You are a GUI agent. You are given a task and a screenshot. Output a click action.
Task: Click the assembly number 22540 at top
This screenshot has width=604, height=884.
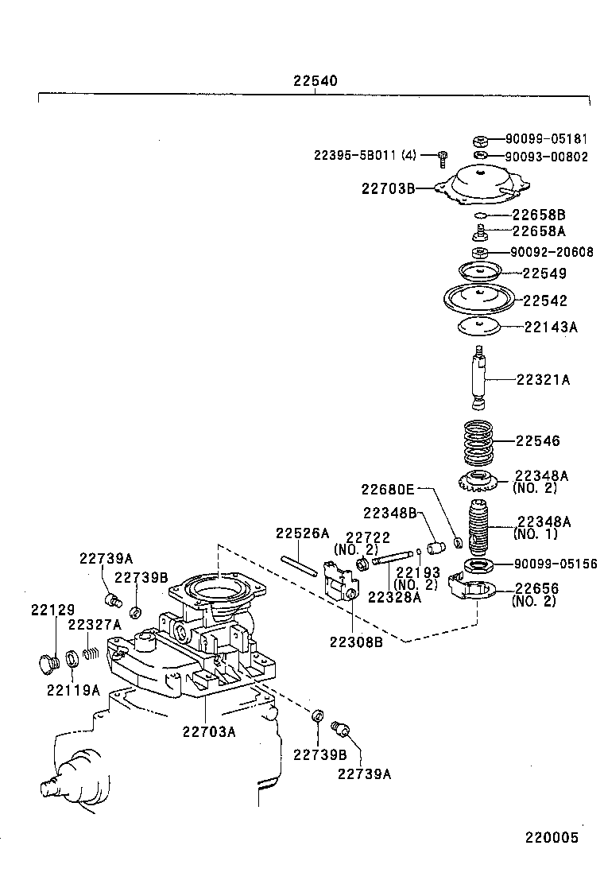[x=315, y=81]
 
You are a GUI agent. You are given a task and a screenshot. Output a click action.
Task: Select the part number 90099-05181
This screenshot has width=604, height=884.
[x=547, y=138]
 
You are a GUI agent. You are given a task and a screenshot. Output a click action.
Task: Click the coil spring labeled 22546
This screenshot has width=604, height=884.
[x=478, y=441]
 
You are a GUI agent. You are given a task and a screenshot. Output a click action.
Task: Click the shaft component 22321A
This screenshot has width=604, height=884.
[x=478, y=378]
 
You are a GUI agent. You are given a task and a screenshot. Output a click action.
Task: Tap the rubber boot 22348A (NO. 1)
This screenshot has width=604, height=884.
[x=477, y=529]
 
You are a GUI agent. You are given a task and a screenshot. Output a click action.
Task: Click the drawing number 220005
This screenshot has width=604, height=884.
[x=550, y=838]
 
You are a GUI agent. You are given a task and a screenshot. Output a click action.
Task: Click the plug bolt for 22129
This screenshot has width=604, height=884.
[x=49, y=661]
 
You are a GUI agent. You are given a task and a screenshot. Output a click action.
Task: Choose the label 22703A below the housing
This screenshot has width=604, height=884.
[x=208, y=731]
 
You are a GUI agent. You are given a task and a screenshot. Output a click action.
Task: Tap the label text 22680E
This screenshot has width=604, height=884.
[x=389, y=490]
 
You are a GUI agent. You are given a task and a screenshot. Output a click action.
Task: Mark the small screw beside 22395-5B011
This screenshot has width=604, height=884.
[x=443, y=158]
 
